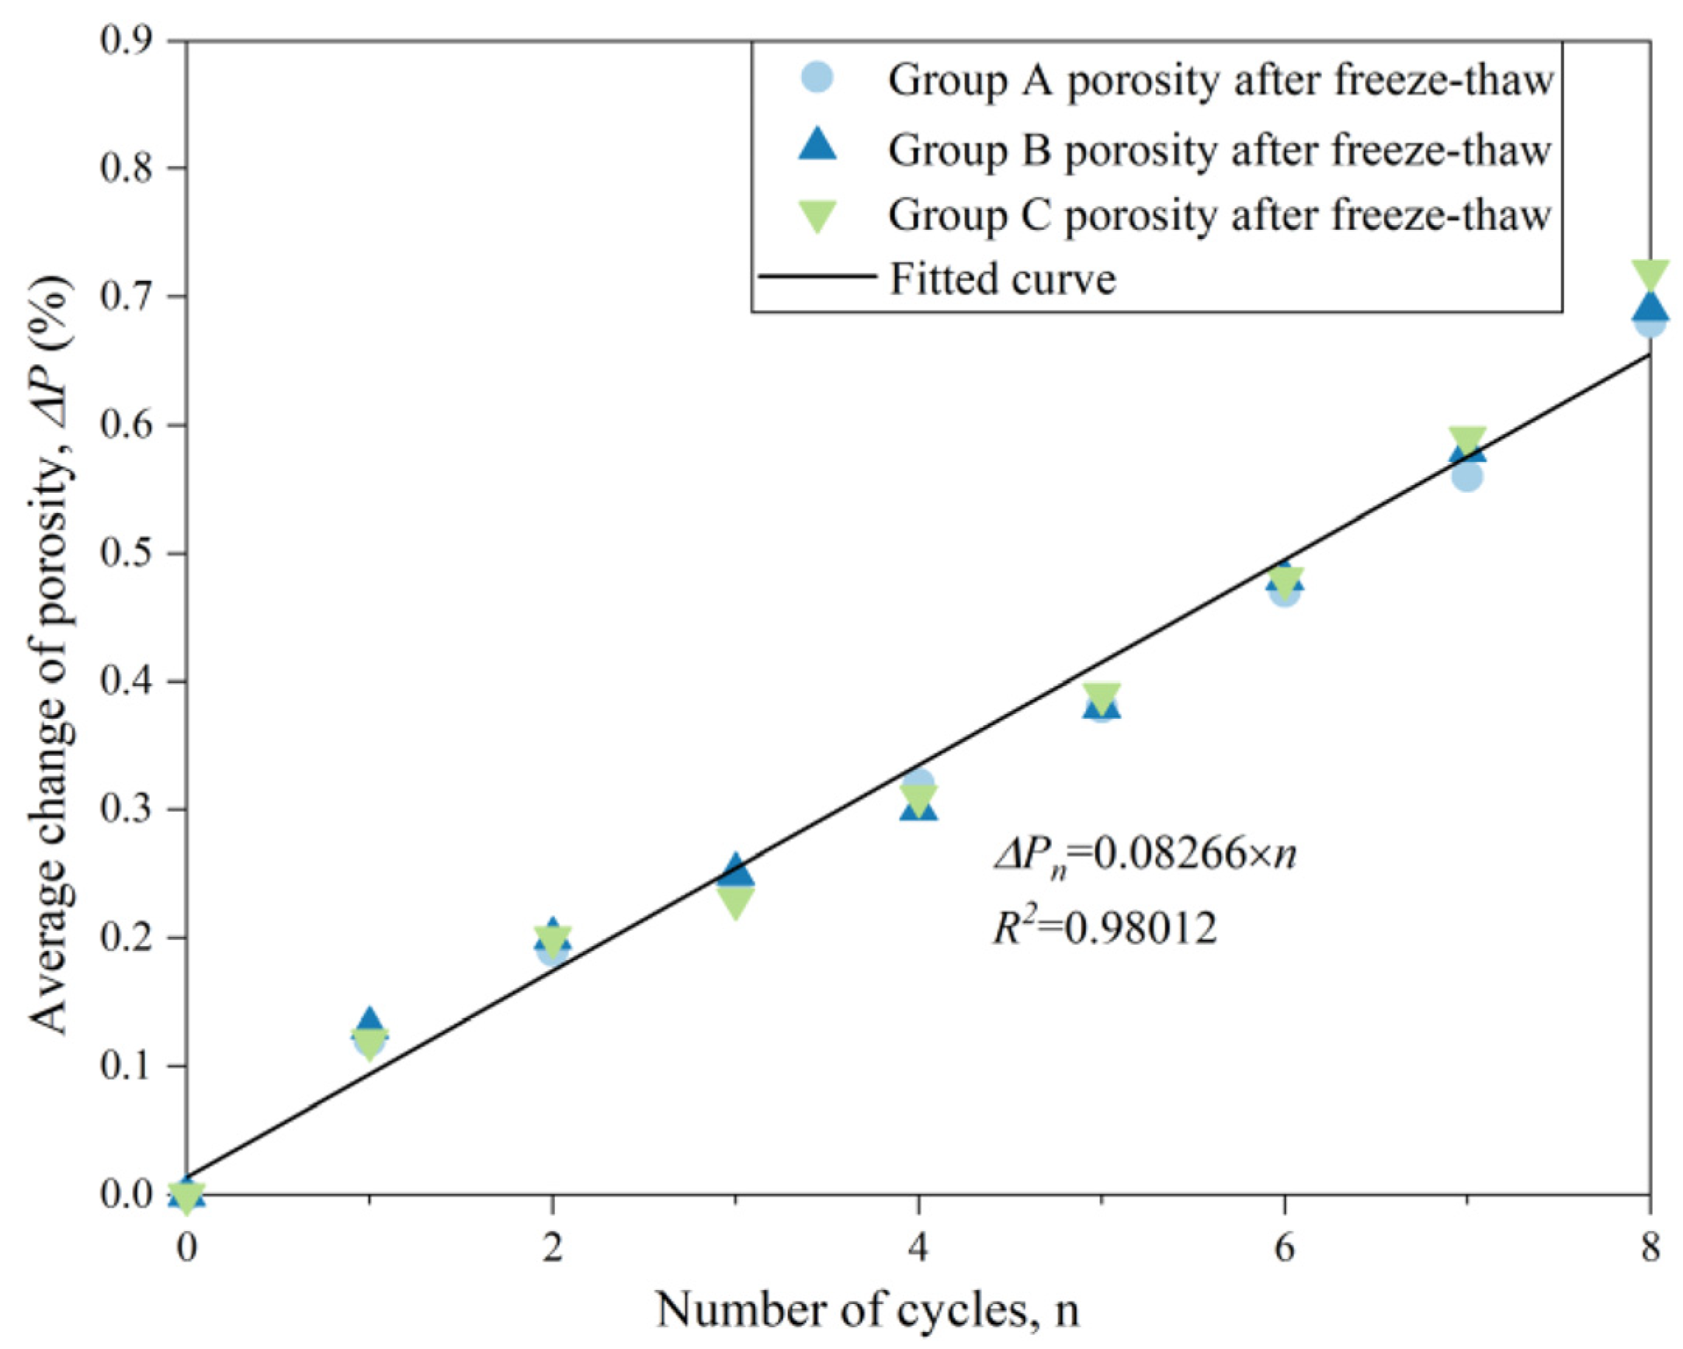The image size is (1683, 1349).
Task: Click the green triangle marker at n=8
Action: coord(1650,276)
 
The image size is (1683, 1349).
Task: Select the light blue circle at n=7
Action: coord(1466,477)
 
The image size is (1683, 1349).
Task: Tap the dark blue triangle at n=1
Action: coord(370,1021)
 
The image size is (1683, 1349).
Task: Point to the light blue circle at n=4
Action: coord(919,782)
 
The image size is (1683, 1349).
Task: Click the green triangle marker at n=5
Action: coord(1102,696)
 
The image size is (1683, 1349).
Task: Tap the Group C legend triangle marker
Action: coord(817,216)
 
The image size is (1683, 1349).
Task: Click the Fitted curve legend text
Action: coord(1002,279)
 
